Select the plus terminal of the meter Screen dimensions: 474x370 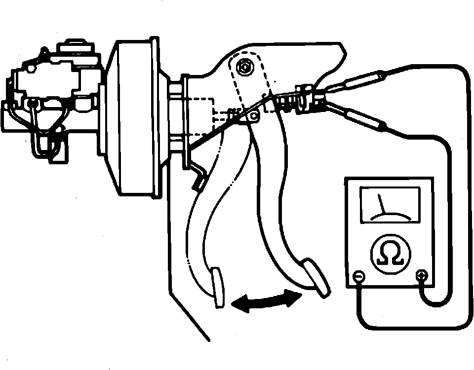421,276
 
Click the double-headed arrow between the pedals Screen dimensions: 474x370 267,300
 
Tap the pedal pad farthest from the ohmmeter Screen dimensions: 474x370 218,288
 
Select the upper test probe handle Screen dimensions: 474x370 357,81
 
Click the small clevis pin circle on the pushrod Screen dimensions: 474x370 254,116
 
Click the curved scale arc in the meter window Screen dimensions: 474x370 390,215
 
